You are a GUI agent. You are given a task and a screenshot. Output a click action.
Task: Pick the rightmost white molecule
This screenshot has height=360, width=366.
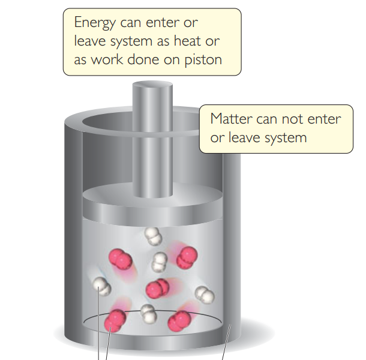[x=205, y=293]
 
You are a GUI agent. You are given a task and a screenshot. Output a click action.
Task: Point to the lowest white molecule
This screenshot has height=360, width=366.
[x=147, y=311]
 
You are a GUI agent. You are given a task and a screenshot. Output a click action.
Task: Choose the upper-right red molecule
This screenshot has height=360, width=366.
[x=187, y=256]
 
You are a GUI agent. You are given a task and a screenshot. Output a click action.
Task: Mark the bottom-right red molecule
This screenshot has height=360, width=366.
[x=179, y=321]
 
